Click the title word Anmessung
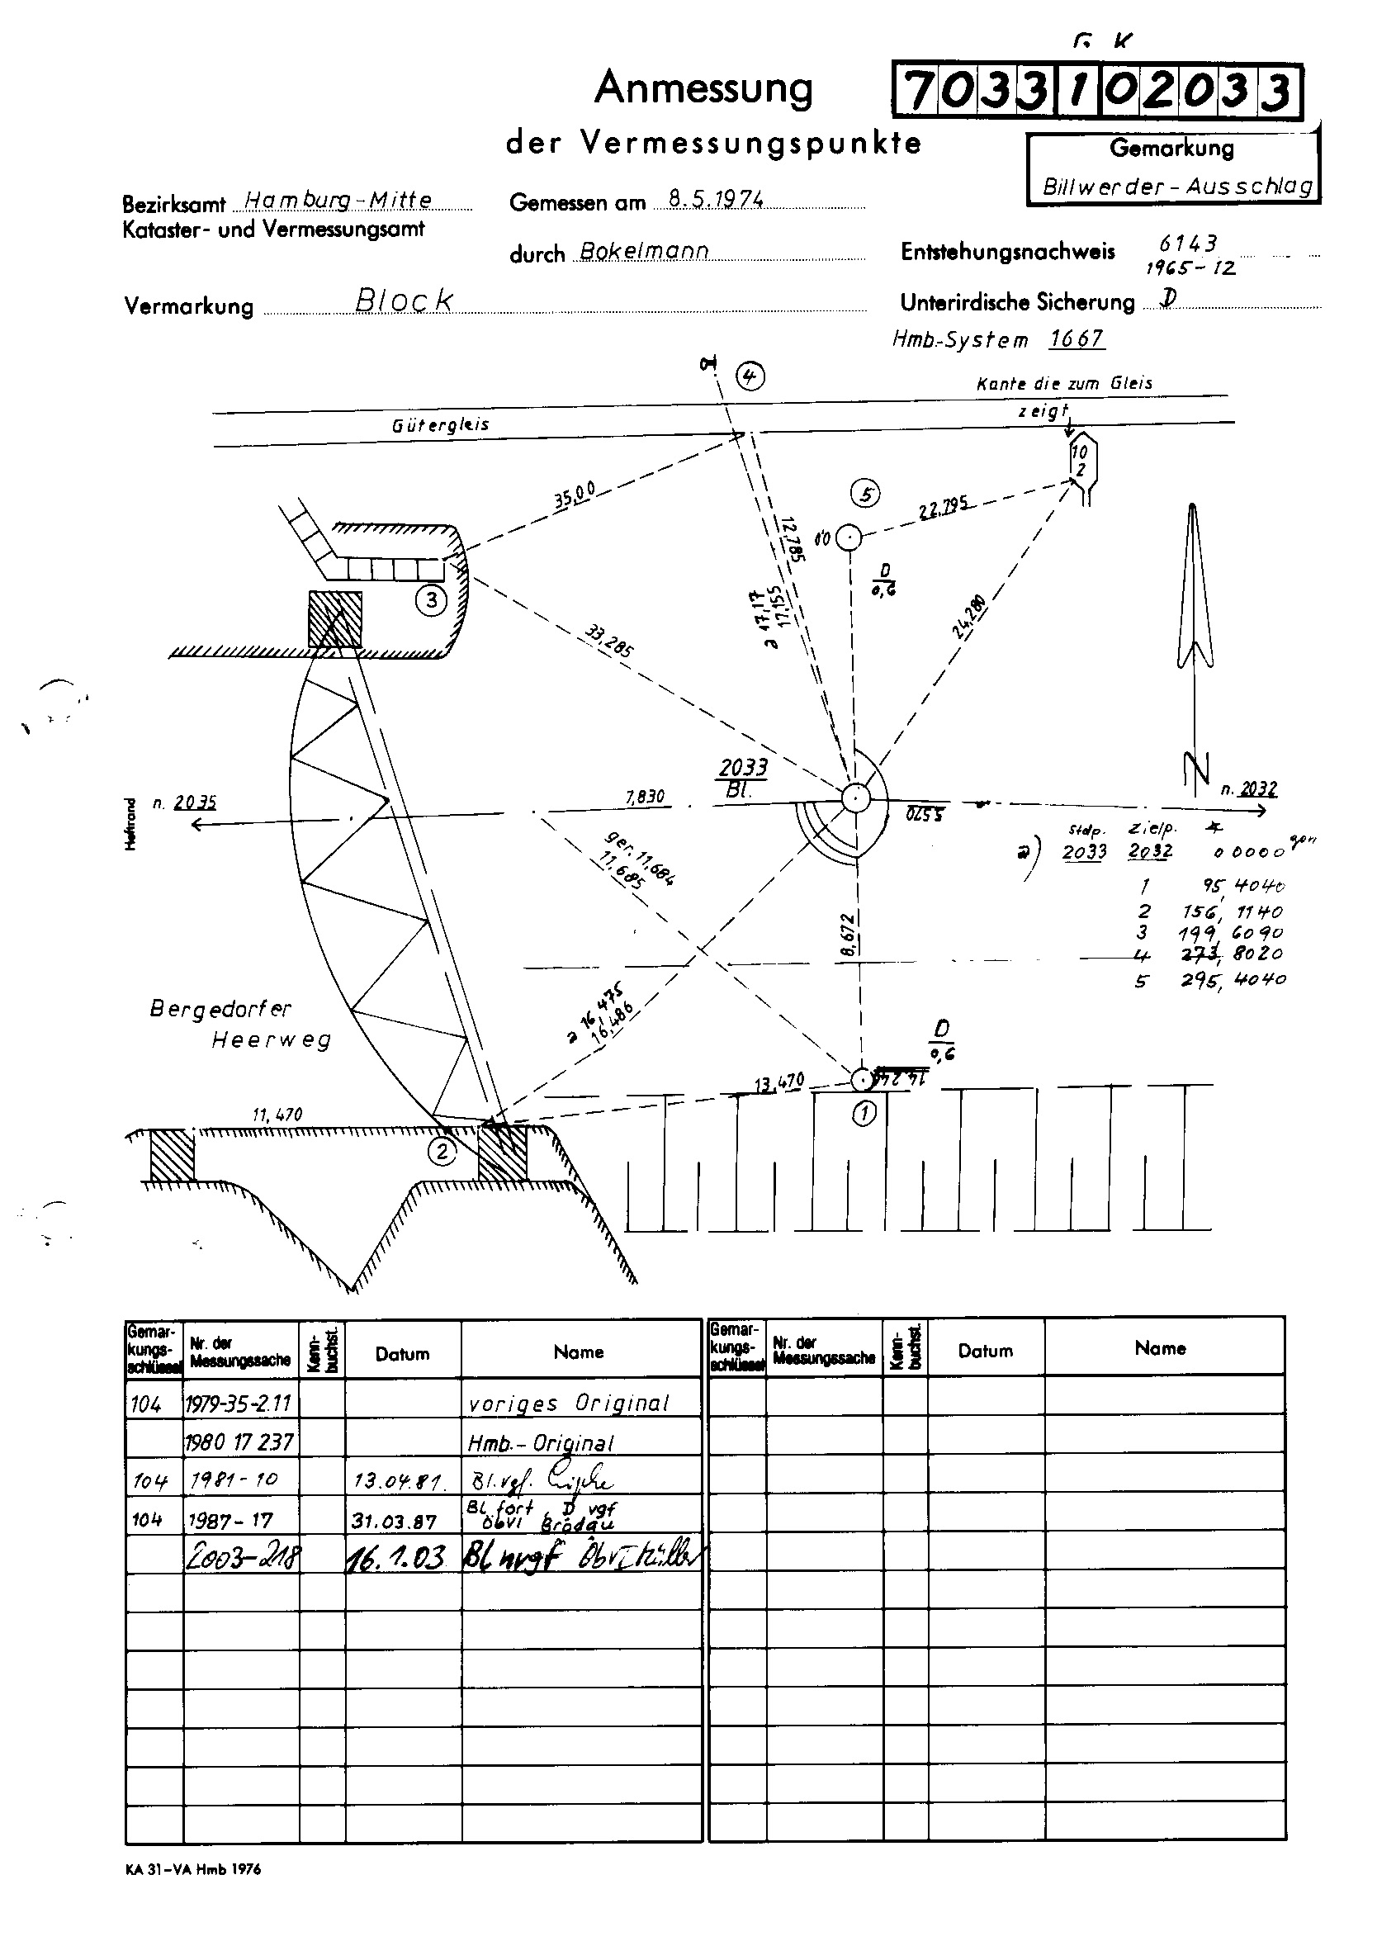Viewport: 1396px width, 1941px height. point(703,88)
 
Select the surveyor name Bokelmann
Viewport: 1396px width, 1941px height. point(644,251)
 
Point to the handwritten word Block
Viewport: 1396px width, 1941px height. point(403,300)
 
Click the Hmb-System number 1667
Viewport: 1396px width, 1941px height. point(1077,338)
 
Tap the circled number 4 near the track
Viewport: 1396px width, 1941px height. point(750,376)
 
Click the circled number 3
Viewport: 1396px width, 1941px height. point(432,600)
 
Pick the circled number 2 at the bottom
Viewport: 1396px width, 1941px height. point(442,1151)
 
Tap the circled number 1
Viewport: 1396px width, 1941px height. point(864,1114)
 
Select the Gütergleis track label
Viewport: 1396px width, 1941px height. point(440,425)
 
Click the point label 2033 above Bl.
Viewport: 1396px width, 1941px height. point(742,767)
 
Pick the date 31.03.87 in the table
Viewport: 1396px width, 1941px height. point(394,1522)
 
